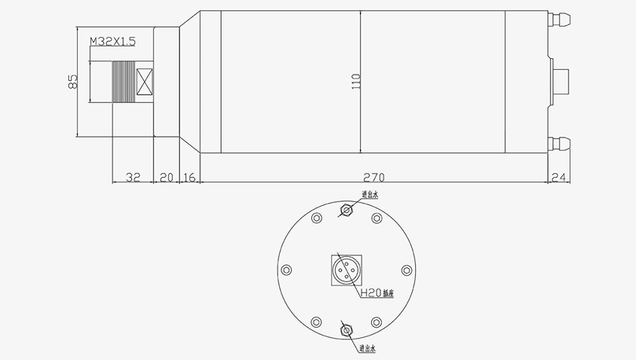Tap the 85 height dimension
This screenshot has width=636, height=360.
pyautogui.click(x=72, y=81)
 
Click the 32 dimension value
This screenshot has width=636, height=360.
pyautogui.click(x=133, y=178)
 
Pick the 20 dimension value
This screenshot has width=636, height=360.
pyautogui.click(x=166, y=178)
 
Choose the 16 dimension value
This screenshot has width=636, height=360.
pyautogui.click(x=189, y=178)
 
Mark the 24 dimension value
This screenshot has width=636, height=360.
pyautogui.click(x=559, y=178)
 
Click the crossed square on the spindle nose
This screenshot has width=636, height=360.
pyautogui.click(x=144, y=82)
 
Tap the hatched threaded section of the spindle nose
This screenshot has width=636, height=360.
pyautogui.click(x=123, y=82)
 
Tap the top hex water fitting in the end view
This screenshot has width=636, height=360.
pyautogui.click(x=346, y=210)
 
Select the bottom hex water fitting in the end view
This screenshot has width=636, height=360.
pyautogui.click(x=346, y=331)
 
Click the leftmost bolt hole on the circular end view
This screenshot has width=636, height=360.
pyautogui.click(x=286, y=270)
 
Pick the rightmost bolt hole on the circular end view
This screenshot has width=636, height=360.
pyautogui.click(x=406, y=270)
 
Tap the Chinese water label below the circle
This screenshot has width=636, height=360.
pyautogui.click(x=369, y=347)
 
